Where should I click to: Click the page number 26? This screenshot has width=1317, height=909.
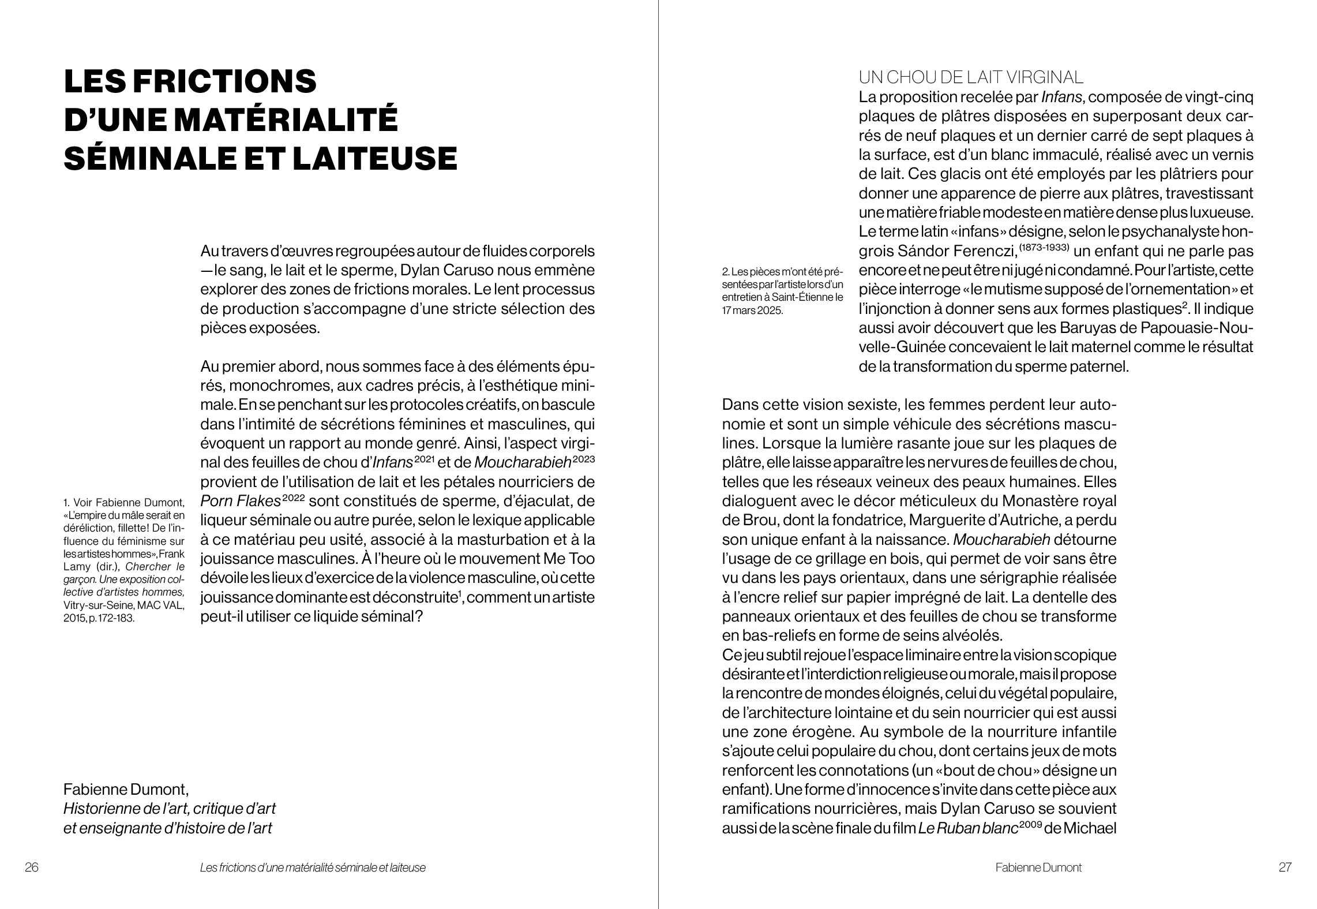(32, 867)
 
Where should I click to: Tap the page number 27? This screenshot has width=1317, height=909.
(1285, 867)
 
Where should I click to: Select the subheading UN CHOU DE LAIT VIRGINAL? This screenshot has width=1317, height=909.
(971, 77)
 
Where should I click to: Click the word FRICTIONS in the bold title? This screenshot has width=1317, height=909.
(224, 81)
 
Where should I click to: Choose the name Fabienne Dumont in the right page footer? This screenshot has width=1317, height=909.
(1038, 867)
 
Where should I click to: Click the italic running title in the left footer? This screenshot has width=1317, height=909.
(313, 867)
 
